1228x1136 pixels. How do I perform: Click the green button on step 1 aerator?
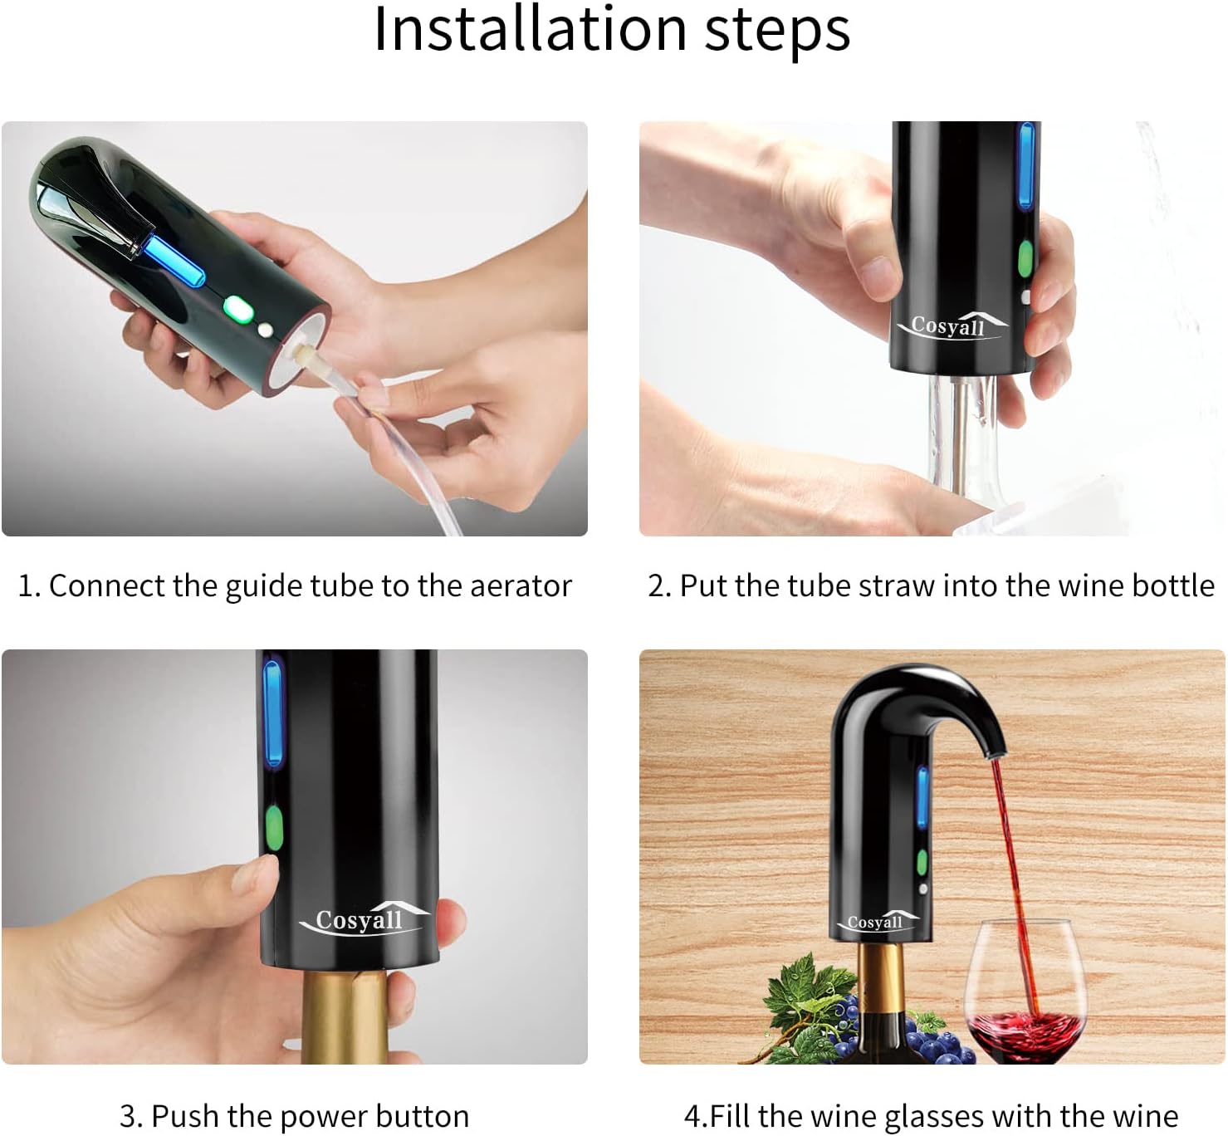tap(237, 308)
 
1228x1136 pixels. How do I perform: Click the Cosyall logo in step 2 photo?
tap(951, 326)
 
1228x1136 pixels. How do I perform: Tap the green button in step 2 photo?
tap(1025, 258)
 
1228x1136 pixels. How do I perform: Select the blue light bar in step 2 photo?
tap(1026, 166)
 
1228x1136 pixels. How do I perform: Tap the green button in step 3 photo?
tap(274, 828)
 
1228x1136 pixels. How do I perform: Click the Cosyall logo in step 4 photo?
tap(878, 922)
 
